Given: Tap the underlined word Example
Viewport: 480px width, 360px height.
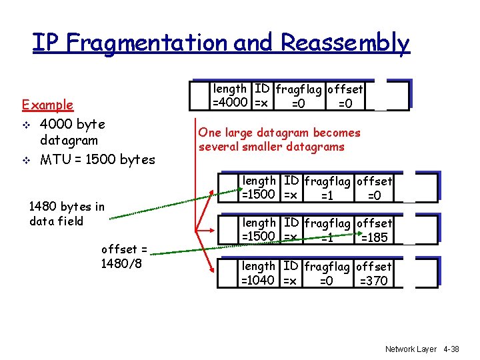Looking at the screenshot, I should [x=47, y=105].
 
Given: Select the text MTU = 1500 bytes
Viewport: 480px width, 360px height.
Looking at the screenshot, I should [x=97, y=159].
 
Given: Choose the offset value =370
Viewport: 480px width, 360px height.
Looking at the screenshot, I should [x=373, y=281].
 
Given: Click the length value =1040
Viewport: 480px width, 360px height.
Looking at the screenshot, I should [x=259, y=281].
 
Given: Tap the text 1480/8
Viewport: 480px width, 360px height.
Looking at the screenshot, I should [x=121, y=263].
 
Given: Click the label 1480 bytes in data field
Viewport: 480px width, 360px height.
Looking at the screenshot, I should [x=67, y=213].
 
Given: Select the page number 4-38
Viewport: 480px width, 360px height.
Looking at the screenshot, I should [x=451, y=349].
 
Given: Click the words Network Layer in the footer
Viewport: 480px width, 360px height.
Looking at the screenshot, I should [x=411, y=349].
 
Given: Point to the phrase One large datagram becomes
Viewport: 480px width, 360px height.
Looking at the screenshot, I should [x=279, y=133].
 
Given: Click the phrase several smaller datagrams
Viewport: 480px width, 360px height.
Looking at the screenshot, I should [x=271, y=147].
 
